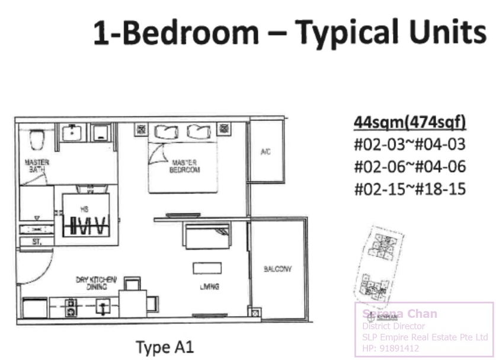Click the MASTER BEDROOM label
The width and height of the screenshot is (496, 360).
pos(185,166)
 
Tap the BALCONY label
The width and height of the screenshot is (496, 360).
pos(277,269)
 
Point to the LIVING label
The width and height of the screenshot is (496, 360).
pos(209,287)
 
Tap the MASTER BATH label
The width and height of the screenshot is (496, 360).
pos(37,165)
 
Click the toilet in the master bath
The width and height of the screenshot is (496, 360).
pos(37,140)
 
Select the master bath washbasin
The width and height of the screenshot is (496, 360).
pos(71,133)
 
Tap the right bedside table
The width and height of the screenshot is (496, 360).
pos(223,128)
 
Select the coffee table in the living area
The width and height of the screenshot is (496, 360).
pos(206,268)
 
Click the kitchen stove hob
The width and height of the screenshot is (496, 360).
pos(71,307)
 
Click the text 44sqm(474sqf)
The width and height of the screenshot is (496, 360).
pos(409,122)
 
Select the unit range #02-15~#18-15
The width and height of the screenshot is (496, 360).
pos(409,189)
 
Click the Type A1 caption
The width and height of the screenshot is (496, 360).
pos(165,347)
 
